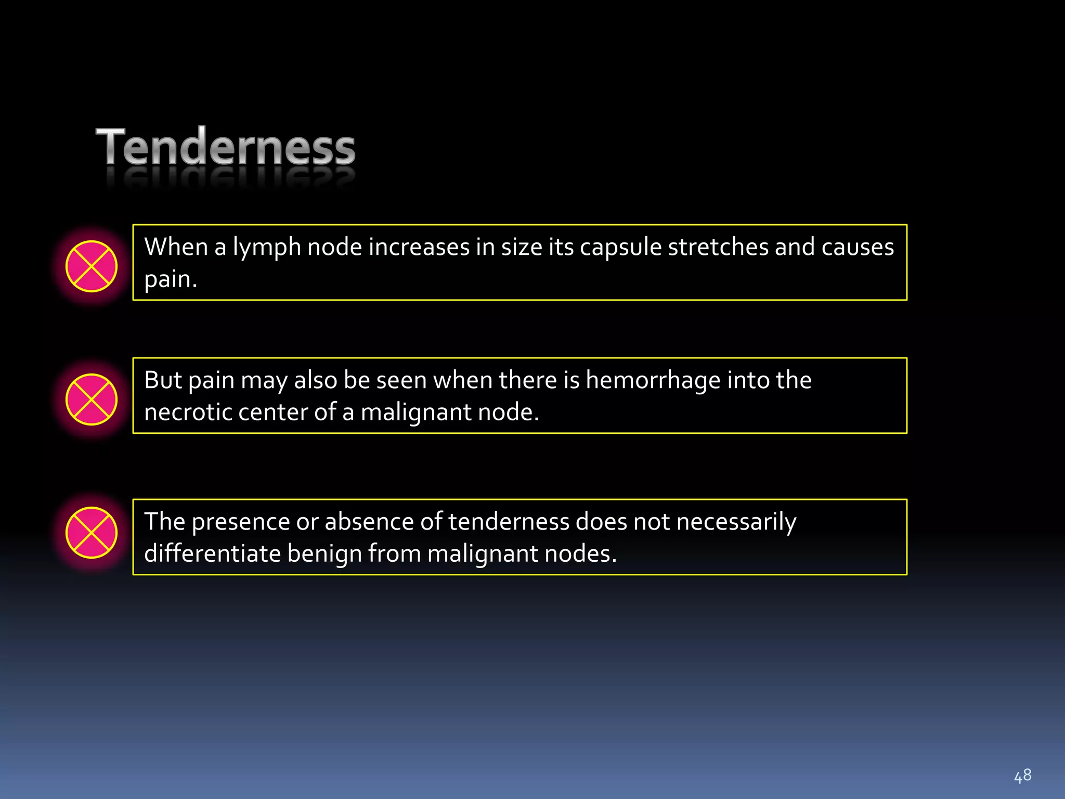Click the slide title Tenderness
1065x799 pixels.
point(226,147)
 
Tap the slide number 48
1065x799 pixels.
point(1022,776)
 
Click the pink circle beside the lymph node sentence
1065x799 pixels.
point(92,266)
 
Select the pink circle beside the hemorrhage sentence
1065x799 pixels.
point(92,399)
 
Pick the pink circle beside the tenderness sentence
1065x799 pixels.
point(92,533)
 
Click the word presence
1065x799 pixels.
point(241,522)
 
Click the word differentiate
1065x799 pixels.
point(212,553)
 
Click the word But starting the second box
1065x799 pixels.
point(163,380)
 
